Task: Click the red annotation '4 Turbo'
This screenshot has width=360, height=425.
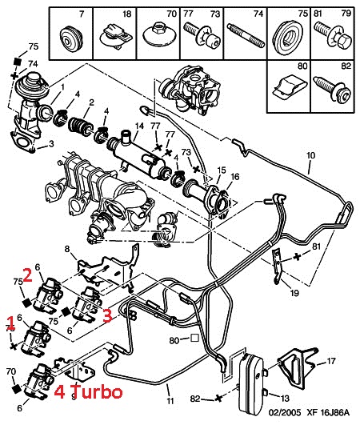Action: click(88, 392)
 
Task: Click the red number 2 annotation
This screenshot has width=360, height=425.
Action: click(28, 275)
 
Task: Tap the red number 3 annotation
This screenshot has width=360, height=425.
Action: click(107, 315)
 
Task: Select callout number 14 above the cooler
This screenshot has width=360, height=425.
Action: click(139, 126)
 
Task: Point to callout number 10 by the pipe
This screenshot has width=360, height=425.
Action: click(311, 155)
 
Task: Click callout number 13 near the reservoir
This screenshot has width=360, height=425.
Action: click(285, 399)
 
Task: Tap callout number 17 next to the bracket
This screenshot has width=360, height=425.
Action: click(331, 361)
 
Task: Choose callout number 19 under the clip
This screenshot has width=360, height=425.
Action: click(294, 293)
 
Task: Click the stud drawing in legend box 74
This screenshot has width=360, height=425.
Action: click(246, 36)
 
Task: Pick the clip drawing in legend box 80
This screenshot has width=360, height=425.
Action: click(289, 86)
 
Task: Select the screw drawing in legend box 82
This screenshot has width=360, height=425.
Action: click(332, 89)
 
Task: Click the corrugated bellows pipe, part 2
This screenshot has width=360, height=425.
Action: click(81, 126)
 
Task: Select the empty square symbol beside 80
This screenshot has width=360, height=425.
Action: click(194, 338)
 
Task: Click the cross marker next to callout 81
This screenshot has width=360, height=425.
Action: click(298, 256)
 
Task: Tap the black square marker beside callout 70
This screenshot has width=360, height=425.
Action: click(17, 388)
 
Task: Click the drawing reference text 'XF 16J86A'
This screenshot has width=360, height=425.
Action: click(328, 413)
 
